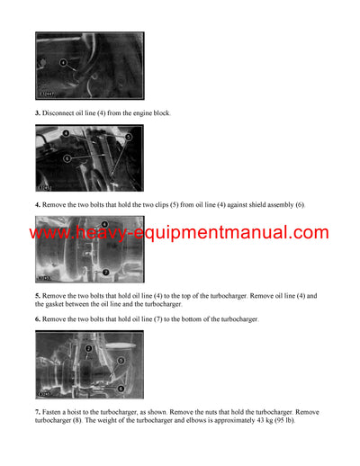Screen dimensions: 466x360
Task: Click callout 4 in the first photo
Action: pos(65,62)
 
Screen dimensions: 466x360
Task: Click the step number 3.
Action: pos(38,112)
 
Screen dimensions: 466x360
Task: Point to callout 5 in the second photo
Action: pos(128,137)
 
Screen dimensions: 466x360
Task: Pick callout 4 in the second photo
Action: pos(66,133)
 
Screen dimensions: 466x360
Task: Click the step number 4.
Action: pos(38,204)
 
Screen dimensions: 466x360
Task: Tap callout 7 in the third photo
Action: pos(106,271)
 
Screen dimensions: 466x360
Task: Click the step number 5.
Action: pos(38,295)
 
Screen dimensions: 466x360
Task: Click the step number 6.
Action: pos(38,319)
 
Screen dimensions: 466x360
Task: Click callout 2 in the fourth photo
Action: pos(89,347)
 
